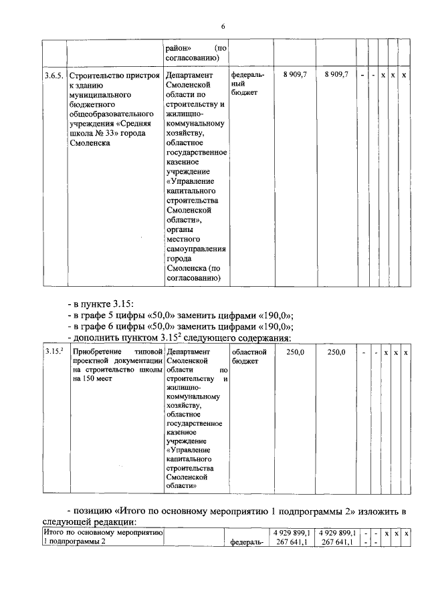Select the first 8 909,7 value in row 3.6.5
pyautogui.click(x=294, y=75)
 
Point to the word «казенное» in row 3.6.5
pyautogui.click(x=185, y=162)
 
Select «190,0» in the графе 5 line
pyautogui.click(x=276, y=316)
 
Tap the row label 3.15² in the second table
pyautogui.click(x=53, y=351)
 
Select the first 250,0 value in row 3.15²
pyautogui.click(x=295, y=352)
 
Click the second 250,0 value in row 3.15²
pyautogui.click(x=336, y=352)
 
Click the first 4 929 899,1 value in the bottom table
pyautogui.click(x=288, y=533)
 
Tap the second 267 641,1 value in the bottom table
pyautogui.click(x=338, y=543)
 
